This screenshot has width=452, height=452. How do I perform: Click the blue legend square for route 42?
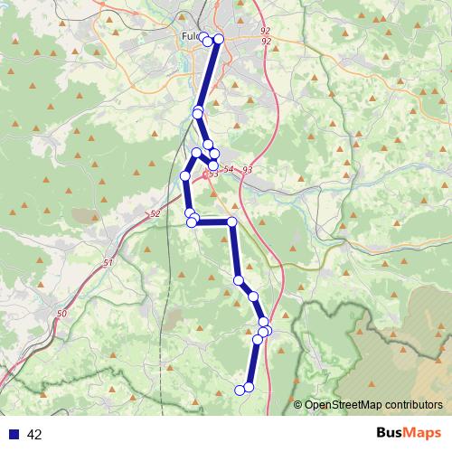[x=14, y=435]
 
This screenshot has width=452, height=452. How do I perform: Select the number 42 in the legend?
[x=34, y=435]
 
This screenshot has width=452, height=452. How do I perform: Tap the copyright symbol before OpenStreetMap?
[x=298, y=405]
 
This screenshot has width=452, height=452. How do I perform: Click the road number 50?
[x=61, y=313]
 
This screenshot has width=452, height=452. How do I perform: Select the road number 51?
[x=108, y=262]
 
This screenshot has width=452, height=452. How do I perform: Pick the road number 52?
[x=155, y=213]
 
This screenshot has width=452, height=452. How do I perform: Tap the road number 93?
[x=247, y=170]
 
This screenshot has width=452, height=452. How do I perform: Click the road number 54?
[x=228, y=169]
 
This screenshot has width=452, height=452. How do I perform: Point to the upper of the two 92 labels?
[x=265, y=32]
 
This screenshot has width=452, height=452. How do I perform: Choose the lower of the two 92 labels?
[x=265, y=42]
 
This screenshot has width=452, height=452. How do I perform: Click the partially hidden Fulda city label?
[x=190, y=36]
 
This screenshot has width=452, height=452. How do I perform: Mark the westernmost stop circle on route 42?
[x=185, y=175]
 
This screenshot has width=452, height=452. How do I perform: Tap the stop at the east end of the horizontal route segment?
[x=232, y=221]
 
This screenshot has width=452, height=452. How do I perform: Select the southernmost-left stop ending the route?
[x=240, y=390]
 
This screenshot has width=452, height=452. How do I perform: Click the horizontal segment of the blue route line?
[x=212, y=221]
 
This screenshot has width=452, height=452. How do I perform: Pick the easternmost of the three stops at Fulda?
[x=218, y=39]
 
